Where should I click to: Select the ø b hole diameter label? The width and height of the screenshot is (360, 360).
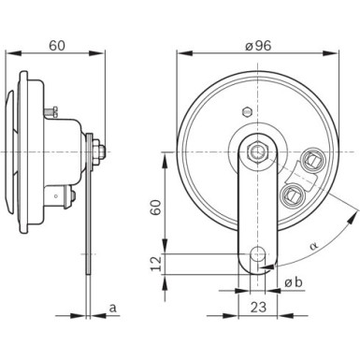click(292, 283)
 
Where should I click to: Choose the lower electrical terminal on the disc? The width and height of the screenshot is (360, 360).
click(291, 194)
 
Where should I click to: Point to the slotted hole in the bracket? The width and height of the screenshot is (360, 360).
click(259, 254)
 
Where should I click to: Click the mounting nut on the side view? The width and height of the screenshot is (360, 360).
click(97, 148)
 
